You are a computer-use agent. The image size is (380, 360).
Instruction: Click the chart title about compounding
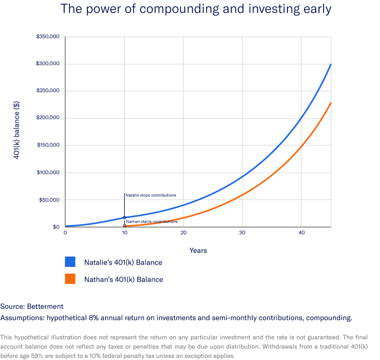coord(195,9)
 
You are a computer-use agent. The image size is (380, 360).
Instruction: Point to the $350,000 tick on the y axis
coord(49,37)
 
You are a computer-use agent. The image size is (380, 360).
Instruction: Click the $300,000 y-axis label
coord(49,64)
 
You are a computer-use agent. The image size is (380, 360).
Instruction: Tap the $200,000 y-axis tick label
coord(49,118)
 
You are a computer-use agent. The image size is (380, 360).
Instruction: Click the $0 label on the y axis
coord(55,227)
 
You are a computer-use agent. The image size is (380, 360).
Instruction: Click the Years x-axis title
coord(198,250)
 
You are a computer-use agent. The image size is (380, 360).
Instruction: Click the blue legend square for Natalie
coord(70,262)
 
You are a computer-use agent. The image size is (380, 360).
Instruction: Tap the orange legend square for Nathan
coord(70,279)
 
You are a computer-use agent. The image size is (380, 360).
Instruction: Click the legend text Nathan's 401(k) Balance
coord(123,279)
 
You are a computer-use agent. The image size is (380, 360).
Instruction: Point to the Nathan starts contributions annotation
coord(148,221)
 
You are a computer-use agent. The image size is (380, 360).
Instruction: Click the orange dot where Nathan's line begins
coord(124,226)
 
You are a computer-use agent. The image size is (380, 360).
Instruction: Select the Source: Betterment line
coord(32,306)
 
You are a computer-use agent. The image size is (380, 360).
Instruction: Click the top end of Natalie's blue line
coord(330,65)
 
